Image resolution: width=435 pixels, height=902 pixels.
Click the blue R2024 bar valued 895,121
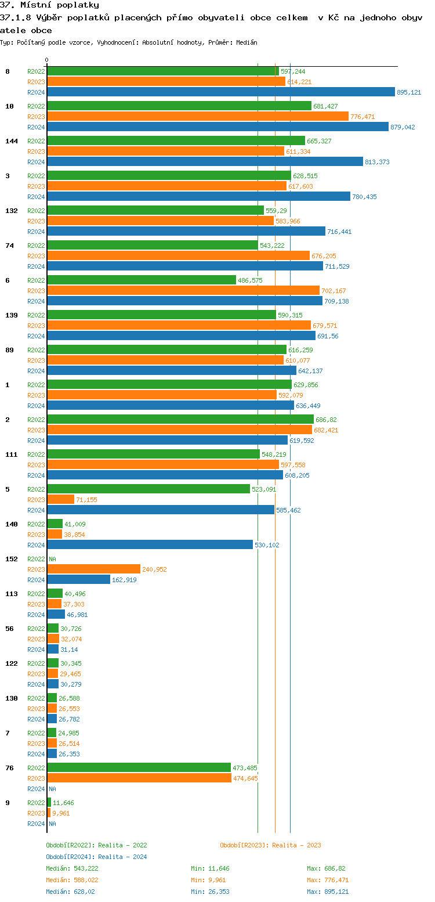click(220, 92)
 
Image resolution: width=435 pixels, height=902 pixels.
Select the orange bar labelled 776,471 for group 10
click(197, 116)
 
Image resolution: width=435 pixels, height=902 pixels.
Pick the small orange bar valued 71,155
click(60, 499)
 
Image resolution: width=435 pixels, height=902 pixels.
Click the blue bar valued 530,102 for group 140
click(150, 544)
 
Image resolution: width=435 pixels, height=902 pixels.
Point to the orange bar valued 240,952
click(93, 569)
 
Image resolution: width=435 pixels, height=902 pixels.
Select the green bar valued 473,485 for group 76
click(139, 767)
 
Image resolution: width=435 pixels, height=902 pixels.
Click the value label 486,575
click(250, 280)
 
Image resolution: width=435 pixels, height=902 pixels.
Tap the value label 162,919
click(124, 580)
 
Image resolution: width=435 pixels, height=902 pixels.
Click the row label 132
click(12, 211)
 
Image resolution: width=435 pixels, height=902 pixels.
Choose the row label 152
click(12, 559)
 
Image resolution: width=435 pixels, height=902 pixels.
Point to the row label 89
click(9, 350)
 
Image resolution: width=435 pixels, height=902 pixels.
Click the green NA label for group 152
click(52, 559)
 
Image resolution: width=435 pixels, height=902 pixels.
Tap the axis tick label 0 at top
click(47, 60)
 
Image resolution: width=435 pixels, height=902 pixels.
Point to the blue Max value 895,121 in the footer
click(336, 892)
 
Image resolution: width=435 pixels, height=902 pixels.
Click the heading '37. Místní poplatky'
click(49, 5)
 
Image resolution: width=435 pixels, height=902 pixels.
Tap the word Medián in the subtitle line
click(247, 42)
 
